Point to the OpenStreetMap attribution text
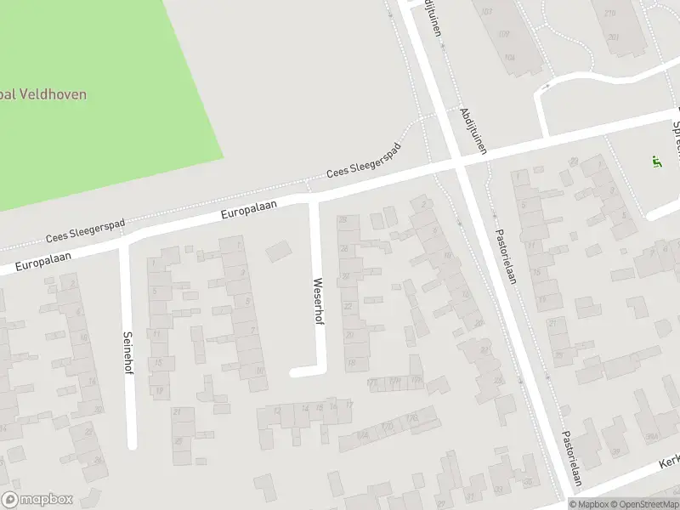[x=645, y=504]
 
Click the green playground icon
[x=655, y=161]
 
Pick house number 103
[x=486, y=12]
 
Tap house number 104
[x=509, y=58]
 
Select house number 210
[x=610, y=14]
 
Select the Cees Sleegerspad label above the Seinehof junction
[x=85, y=229]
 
